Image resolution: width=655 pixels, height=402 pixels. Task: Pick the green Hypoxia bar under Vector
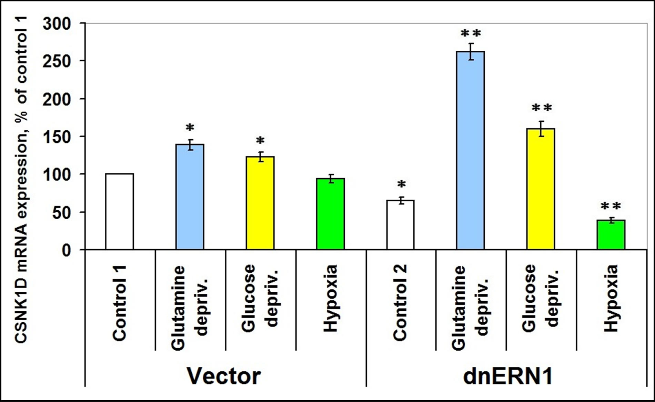tap(330, 214)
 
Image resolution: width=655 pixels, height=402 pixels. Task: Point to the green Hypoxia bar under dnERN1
tap(611, 235)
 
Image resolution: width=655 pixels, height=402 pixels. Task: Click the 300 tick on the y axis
tap(57, 24)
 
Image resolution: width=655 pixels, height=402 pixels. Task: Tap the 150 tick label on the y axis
tap(57, 137)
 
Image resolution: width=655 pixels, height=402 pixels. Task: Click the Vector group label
tap(224, 376)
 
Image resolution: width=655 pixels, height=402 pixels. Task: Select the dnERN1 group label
tap(507, 376)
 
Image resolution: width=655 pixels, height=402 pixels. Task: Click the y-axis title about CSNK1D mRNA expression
tap(21, 179)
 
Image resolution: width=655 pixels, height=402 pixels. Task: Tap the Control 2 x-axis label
tap(400, 303)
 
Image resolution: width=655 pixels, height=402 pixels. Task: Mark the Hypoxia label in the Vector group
tap(330, 299)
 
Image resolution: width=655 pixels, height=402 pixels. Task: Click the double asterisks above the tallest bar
tap(471, 34)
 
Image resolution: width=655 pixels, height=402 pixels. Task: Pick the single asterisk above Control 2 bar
tap(401, 184)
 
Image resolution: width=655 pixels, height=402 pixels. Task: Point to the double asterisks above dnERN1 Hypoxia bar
tap(611, 207)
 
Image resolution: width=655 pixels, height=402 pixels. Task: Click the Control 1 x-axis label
tap(119, 303)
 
